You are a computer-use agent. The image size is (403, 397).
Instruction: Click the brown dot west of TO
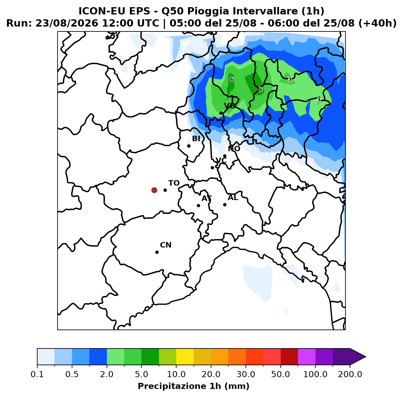154,190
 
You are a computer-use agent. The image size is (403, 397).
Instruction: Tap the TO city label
174,183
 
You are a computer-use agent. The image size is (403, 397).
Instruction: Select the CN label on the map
166,245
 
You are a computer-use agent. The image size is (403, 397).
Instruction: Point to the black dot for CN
157,252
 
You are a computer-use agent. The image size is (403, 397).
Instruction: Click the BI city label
196,139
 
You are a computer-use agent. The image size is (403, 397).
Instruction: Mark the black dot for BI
189,146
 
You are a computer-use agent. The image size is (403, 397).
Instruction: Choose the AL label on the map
233,198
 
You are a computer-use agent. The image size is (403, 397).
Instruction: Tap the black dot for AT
198,205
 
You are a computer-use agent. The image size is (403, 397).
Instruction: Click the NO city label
234,149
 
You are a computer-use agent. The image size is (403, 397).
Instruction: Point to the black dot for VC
212,168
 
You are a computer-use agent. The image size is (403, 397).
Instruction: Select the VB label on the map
230,106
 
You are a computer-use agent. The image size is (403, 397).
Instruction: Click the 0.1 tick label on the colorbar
37,374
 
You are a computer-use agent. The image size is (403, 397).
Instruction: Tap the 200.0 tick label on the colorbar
350,374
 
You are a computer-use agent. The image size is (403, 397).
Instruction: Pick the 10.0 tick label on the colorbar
176,374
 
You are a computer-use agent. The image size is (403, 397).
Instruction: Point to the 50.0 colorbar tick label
280,374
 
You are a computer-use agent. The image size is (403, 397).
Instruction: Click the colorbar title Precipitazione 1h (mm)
193,386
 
